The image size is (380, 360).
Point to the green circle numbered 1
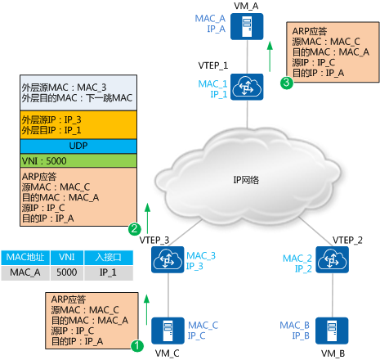tap(137, 345)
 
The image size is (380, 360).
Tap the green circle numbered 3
tap(285, 83)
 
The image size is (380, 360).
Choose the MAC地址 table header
tap(24, 256)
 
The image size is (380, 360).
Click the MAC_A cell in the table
tap(24, 271)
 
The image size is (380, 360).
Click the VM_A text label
tap(244, 6)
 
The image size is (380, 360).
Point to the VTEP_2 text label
tap(347, 239)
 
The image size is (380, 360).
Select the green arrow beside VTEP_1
tap(270, 60)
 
